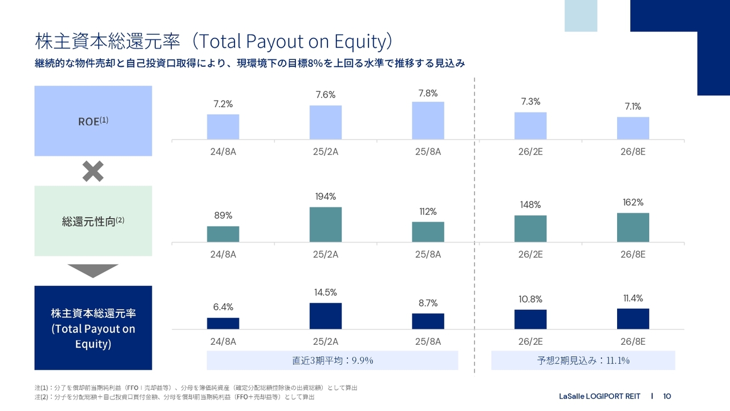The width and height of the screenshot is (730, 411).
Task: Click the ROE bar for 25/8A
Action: tap(428, 120)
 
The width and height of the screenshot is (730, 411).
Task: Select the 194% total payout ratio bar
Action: tap(326, 224)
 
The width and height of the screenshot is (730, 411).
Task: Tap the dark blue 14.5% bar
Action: tap(326, 316)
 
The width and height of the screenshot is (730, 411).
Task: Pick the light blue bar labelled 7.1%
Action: tap(633, 128)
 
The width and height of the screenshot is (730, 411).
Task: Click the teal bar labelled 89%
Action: tap(223, 234)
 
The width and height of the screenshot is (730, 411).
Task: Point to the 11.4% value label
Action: tap(633, 298)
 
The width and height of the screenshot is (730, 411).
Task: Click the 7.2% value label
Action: tap(223, 104)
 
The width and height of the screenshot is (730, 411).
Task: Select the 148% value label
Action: tap(530, 205)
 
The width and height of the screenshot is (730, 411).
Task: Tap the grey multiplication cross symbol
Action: tap(93, 171)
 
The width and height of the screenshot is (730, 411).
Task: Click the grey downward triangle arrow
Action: tap(93, 270)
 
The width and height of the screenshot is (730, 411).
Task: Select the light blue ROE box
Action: tap(93, 120)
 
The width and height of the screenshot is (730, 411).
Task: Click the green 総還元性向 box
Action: tap(93, 221)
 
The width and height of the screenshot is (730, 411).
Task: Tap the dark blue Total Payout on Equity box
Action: tap(93, 328)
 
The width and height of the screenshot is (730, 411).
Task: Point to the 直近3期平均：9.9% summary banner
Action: tap(332, 360)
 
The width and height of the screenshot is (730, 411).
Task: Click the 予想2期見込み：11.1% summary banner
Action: tap(583, 360)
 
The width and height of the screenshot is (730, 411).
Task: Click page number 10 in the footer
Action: tap(667, 396)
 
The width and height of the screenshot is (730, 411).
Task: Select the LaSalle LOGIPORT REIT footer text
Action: tap(599, 396)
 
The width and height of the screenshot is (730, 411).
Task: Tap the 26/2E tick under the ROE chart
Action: tap(530, 152)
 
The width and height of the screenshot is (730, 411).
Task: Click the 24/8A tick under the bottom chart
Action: tap(223, 341)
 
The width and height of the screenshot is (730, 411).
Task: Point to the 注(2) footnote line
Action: tap(174, 396)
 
